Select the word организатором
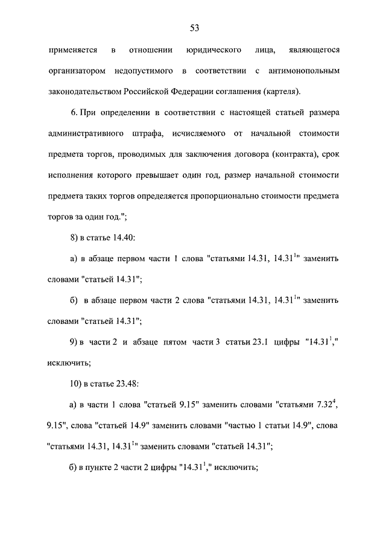[x=76, y=71]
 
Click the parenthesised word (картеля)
[x=281, y=92]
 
